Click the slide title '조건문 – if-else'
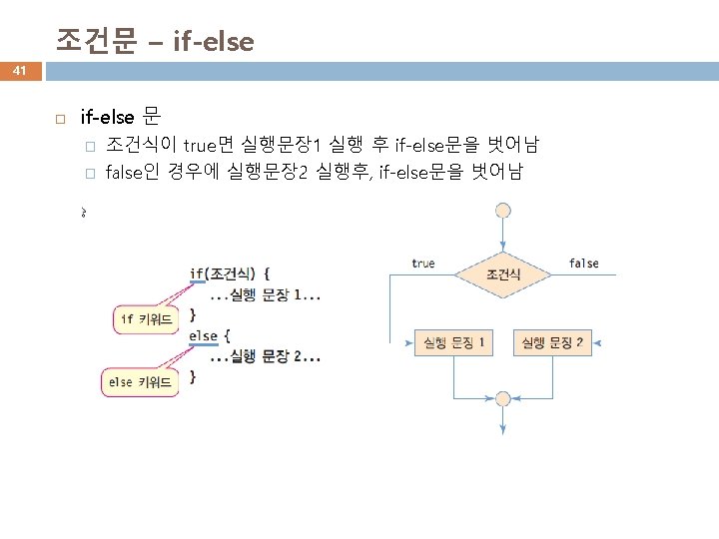click(x=155, y=41)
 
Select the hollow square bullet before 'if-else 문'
click(x=60, y=118)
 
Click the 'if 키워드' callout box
click(x=146, y=319)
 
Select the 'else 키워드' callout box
click(x=140, y=381)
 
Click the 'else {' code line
click(x=210, y=335)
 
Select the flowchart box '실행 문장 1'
click(x=454, y=343)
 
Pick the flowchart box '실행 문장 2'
click(x=551, y=343)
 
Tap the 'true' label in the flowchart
click(x=423, y=264)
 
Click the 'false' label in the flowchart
click(x=584, y=264)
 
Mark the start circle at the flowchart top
click(x=503, y=210)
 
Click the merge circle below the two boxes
click(x=503, y=397)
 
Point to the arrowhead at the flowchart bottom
click(x=503, y=428)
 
